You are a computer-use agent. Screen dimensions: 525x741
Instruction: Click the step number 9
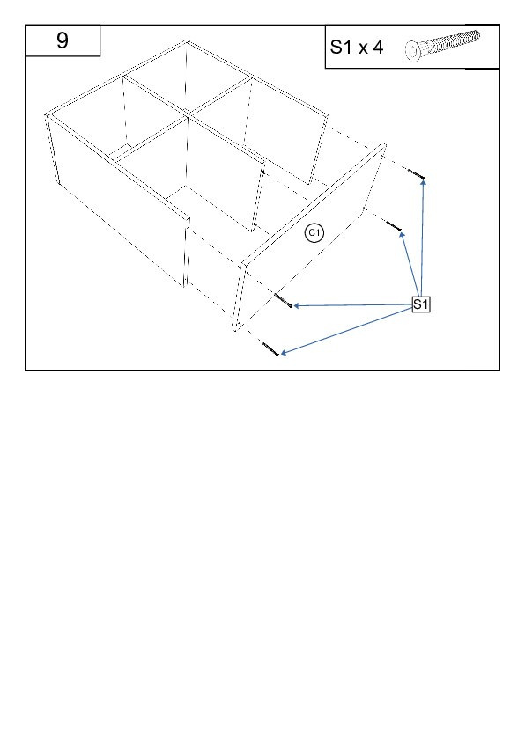[x=63, y=40]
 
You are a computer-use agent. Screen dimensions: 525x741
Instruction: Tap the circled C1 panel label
[x=314, y=233]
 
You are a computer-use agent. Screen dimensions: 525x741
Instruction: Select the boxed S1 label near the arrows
[x=420, y=304]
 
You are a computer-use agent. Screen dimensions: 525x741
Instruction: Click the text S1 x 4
[x=357, y=48]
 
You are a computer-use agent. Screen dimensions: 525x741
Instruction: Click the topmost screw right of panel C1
[x=415, y=174]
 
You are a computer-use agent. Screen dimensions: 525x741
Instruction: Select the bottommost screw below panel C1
[x=270, y=349]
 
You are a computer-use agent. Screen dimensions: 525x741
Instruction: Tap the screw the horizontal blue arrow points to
[x=283, y=300]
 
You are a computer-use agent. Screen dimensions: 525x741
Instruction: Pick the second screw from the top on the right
[x=394, y=226]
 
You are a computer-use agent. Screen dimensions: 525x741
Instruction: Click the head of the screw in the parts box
[x=412, y=50]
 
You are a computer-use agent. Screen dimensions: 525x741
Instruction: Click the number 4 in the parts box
[x=377, y=48]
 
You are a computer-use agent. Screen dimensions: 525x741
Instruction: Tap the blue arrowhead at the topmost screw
[x=424, y=181]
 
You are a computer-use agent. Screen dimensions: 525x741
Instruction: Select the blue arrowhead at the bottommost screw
[x=284, y=353]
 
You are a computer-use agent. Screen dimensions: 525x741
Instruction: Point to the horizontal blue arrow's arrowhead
[x=297, y=305]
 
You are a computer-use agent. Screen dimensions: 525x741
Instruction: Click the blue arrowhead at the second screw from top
[x=402, y=234]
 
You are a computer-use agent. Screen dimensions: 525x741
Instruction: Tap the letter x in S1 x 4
[x=362, y=49]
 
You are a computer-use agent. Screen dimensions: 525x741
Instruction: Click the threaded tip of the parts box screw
[x=477, y=35]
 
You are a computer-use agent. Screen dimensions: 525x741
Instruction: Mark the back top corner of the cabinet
[x=188, y=41]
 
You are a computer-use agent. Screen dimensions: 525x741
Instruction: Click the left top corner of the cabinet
[x=47, y=114]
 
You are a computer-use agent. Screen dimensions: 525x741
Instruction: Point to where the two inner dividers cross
[x=188, y=114]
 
